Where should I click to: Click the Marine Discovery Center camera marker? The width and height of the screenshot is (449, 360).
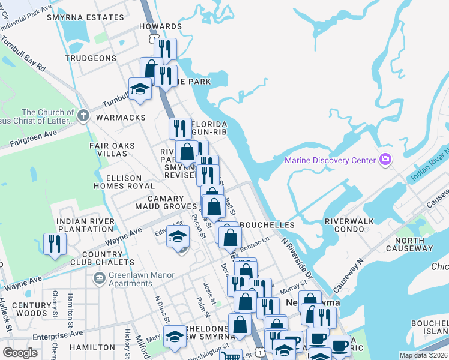point(385,160)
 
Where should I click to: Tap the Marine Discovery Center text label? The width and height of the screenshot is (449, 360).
point(330,160)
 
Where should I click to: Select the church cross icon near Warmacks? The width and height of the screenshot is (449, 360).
point(83,115)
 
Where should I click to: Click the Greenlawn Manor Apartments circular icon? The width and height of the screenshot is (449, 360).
point(98,278)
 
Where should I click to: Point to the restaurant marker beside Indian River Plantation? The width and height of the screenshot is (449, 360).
point(55,244)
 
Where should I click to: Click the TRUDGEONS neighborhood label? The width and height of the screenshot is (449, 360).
point(90,58)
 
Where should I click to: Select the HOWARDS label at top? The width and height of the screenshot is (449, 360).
point(160,26)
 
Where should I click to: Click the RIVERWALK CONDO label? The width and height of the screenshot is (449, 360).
point(354,225)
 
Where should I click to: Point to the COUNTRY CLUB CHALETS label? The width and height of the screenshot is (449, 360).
point(94,259)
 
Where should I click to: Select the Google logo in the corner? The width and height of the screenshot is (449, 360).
point(20,353)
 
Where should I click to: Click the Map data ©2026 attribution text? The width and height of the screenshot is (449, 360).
point(423,355)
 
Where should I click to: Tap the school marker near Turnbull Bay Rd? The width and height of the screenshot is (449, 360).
point(140,89)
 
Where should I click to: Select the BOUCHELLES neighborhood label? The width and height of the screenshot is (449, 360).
point(267,224)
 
